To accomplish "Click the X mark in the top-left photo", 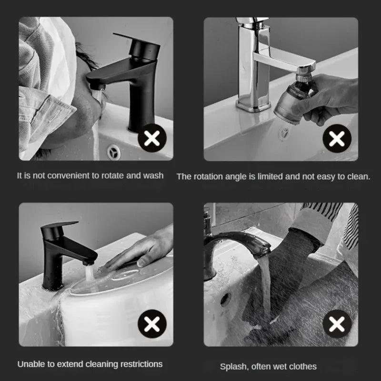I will pos(152,139).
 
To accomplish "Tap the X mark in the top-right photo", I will pos(337,139).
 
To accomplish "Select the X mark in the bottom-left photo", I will pos(152,324).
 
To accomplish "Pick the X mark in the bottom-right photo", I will pos(337,324).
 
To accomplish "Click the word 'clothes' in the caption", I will pos(301,366).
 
